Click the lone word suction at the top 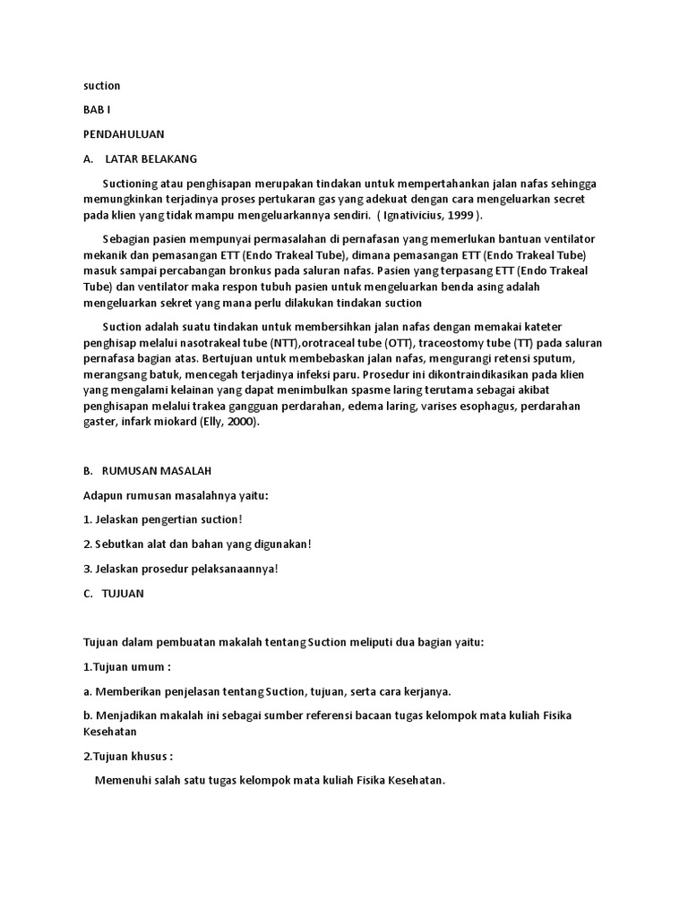click(101, 86)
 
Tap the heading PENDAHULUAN click(124, 134)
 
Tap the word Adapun click(104, 495)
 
